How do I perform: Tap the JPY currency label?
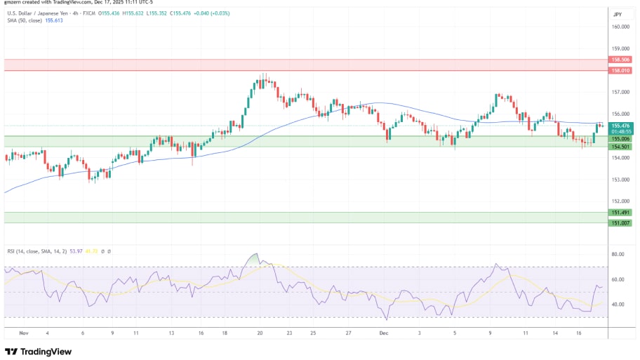[618, 14]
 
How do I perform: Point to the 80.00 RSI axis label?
[618, 255]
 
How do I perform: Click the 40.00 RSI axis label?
[618, 305]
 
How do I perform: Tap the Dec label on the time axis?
[383, 334]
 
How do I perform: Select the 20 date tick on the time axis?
[260, 334]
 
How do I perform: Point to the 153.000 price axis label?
[619, 179]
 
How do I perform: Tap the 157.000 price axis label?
[619, 92]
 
